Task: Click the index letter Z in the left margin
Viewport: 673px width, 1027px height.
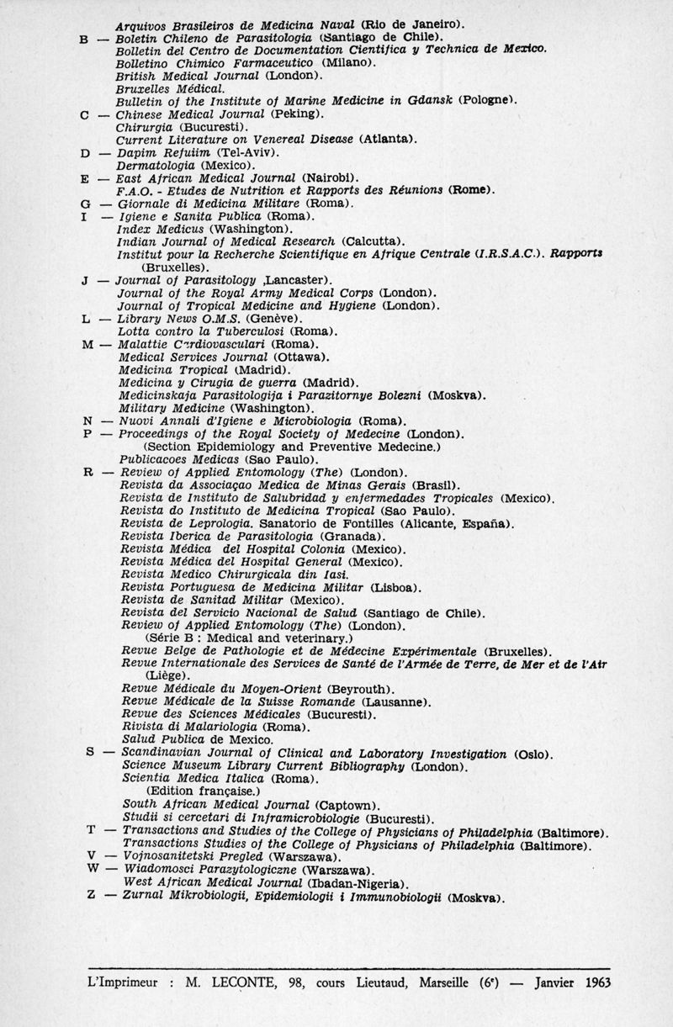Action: [x=90, y=896]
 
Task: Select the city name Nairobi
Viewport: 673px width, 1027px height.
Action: [x=328, y=178]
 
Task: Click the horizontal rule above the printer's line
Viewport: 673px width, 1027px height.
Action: [x=348, y=968]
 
